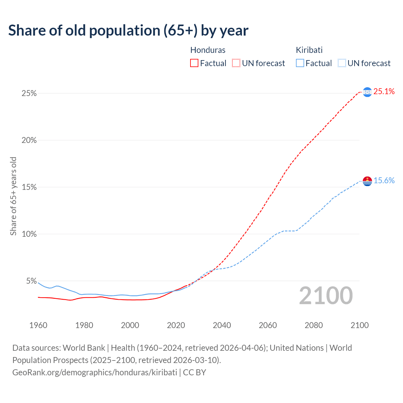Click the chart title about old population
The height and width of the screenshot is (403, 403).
128,31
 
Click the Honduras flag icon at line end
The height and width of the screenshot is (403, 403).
367,92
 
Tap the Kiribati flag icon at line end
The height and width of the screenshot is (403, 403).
367,181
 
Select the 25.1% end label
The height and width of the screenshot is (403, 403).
384,92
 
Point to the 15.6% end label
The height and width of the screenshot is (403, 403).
384,181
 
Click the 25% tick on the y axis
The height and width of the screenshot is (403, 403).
29,94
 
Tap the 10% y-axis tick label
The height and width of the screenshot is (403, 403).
29,234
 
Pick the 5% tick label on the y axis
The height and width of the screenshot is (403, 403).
31,281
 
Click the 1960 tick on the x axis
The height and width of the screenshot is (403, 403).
38,325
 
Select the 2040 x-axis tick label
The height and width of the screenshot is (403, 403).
222,325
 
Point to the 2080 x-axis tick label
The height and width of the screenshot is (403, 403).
314,325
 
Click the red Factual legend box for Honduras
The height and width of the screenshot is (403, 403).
194,63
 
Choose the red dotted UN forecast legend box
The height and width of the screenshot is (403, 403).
236,63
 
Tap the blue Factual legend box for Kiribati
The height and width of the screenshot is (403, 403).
300,63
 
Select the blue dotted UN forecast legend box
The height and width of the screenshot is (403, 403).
342,63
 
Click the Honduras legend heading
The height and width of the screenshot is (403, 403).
208,50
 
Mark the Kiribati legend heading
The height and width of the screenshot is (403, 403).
309,50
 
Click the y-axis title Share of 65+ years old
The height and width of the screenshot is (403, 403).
13,196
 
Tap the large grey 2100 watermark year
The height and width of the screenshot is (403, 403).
326,296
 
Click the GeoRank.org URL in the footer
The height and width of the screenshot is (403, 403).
95,372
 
